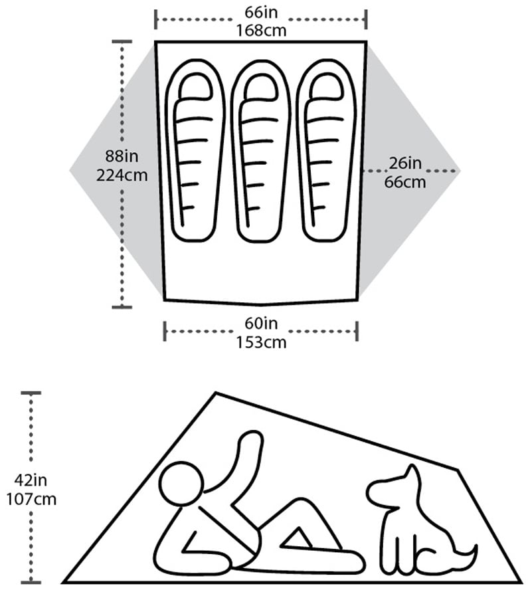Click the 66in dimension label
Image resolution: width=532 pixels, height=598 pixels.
(261, 12)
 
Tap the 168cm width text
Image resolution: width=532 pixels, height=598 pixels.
(261, 31)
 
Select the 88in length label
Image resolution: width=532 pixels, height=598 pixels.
(122, 156)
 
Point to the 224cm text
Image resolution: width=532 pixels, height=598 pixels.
(122, 175)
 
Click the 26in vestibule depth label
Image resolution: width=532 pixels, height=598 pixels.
(405, 163)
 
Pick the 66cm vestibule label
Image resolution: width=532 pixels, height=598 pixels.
(405, 182)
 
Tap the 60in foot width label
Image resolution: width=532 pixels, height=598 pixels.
(261, 324)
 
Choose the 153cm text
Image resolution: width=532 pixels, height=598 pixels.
(261, 342)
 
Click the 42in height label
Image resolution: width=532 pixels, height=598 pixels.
(31, 480)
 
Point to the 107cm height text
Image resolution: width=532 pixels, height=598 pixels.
(31, 499)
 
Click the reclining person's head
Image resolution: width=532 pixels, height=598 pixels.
(181, 484)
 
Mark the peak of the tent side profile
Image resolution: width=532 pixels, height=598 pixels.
(216, 392)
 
